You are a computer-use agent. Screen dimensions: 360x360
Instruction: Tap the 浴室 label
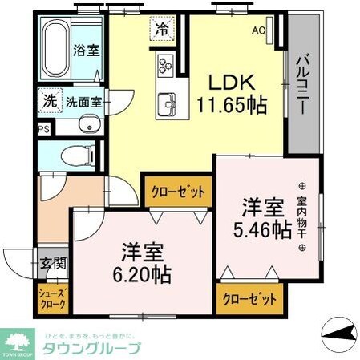point(87,51)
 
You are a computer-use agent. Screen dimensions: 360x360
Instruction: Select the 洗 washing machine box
point(49,102)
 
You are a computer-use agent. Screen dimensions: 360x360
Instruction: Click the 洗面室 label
point(83,102)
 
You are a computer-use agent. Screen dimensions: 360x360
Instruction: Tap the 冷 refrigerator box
point(163,31)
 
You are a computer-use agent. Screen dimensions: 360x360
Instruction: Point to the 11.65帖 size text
point(231,103)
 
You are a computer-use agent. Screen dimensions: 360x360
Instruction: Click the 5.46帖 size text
point(262,229)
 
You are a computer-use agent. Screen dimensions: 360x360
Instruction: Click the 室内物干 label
point(302,216)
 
